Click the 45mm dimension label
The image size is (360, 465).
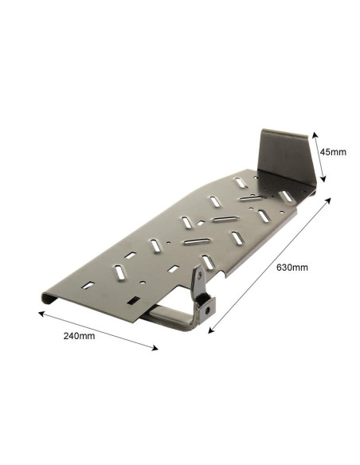pos(333,152)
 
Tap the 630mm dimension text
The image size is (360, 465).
pos(292,268)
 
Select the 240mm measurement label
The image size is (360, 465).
pos(79,336)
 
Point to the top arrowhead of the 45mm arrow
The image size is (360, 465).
pos(315,135)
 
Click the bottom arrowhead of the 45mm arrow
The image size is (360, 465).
pos(323,179)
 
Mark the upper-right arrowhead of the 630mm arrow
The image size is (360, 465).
pos(327,201)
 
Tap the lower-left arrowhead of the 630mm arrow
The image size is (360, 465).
pos(211,330)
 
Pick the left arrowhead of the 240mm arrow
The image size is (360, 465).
pos(41,314)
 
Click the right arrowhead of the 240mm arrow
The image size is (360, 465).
pos(155,348)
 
